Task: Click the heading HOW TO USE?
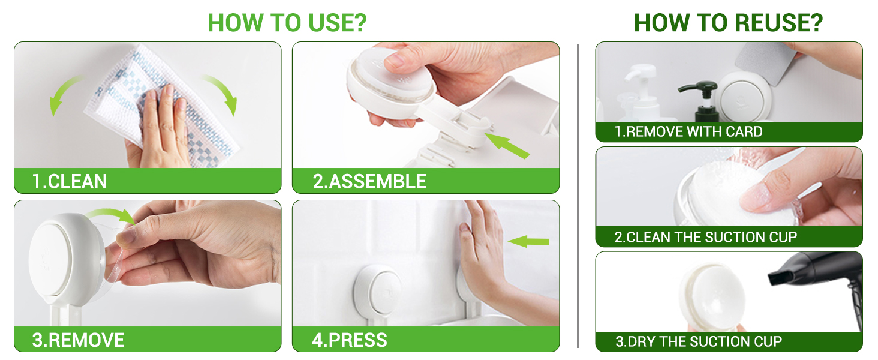click(x=287, y=23)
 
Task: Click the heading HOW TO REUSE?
click(x=728, y=23)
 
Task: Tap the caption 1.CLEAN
click(x=70, y=182)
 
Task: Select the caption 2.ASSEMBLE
click(x=369, y=182)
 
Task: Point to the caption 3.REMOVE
click(x=78, y=340)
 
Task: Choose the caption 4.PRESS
click(x=349, y=340)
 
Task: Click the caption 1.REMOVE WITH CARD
click(x=688, y=132)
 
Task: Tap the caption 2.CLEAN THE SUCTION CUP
click(x=705, y=237)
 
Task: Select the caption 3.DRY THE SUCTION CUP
click(x=699, y=341)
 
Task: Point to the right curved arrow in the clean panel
click(x=224, y=92)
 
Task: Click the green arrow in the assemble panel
click(x=507, y=145)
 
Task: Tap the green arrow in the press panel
click(x=528, y=242)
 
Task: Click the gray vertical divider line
click(x=578, y=196)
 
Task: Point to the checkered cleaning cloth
click(x=161, y=106)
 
